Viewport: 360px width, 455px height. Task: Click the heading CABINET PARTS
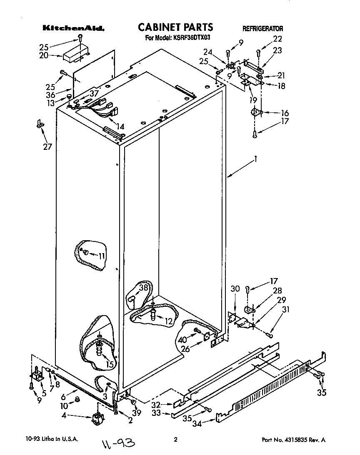175,27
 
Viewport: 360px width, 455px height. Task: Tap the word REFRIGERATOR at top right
262,29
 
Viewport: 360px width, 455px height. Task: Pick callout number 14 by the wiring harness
120,127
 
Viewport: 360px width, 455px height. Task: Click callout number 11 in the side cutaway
102,256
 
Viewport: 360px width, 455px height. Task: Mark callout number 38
143,287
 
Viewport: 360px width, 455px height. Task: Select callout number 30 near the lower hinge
235,289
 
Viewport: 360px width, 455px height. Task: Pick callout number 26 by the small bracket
185,349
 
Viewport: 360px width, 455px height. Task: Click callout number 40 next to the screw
182,340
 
